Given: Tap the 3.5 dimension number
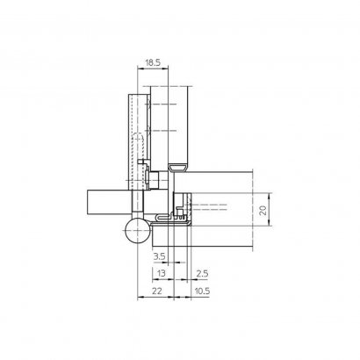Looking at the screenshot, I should (159, 256).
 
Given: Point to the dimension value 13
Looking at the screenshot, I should (159, 273).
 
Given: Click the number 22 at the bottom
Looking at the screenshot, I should (155, 291).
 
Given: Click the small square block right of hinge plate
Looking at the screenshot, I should (155, 181).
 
